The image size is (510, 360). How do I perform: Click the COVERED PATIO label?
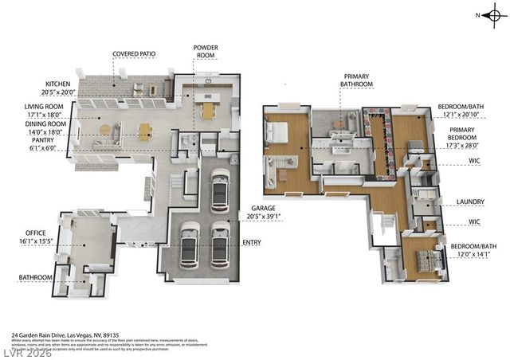(x=133, y=54)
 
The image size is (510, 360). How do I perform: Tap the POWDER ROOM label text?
(x=206, y=52)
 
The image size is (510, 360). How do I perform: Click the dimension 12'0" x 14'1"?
(x=473, y=256)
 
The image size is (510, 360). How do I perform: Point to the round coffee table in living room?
(x=105, y=128)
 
